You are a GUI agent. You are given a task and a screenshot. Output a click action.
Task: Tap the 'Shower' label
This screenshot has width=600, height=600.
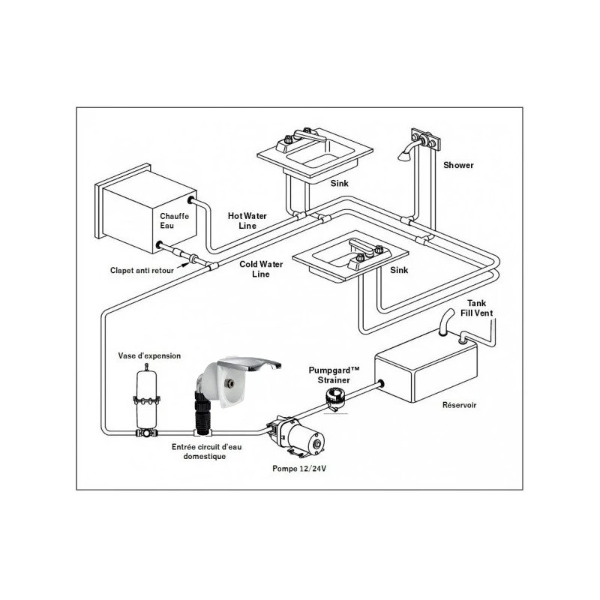point(457,165)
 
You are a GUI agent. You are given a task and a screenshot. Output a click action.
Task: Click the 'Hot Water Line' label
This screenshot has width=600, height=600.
point(247,220)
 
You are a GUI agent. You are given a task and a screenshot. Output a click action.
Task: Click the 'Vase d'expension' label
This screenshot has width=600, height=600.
point(149,355)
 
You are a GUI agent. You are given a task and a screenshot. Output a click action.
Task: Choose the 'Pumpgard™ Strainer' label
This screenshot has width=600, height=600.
point(335,375)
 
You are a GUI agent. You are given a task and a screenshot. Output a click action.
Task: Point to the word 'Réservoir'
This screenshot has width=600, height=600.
point(459,405)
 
